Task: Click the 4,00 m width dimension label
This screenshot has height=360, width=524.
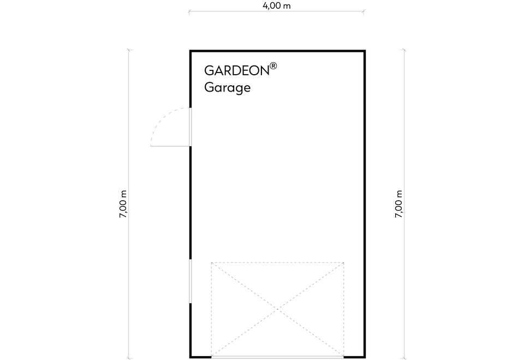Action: tap(276, 5)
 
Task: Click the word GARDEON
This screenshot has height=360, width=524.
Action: tap(237, 70)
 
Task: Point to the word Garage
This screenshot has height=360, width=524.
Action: tap(227, 88)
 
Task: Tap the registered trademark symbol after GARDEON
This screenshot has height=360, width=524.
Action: tap(273, 66)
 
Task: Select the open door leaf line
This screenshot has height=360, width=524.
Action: tap(170, 146)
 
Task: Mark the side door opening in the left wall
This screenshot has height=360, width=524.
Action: tap(190, 127)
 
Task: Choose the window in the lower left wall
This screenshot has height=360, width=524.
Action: tap(190, 282)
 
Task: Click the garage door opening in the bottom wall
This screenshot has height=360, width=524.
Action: tap(277, 357)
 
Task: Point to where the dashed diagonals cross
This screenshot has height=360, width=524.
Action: tap(277, 310)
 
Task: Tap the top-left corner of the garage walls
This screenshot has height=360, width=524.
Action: tap(190, 51)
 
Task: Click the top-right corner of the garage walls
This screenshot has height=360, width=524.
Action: tap(365, 51)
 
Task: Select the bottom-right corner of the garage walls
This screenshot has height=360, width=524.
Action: tap(365, 357)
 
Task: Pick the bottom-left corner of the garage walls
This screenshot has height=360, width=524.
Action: tap(190, 357)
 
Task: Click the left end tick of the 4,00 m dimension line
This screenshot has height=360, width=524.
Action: tap(189, 12)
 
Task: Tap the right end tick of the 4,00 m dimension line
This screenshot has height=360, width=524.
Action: tap(364, 12)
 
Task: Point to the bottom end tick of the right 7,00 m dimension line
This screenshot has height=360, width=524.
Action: tap(404, 358)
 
